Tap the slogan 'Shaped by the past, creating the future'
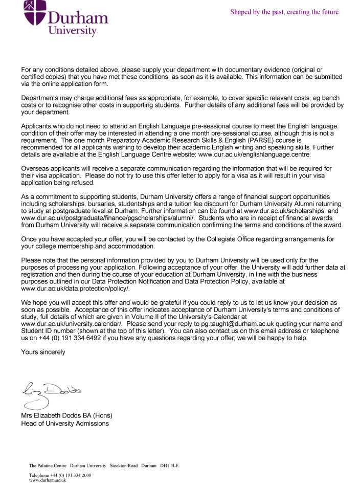[x=284, y=12]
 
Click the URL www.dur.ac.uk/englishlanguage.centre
[x=254, y=153]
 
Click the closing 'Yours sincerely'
[x=43, y=352]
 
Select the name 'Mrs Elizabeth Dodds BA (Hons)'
[x=66, y=415]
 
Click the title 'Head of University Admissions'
[x=65, y=423]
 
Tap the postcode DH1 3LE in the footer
[x=169, y=466]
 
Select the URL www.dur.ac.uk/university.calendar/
[x=72, y=324]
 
